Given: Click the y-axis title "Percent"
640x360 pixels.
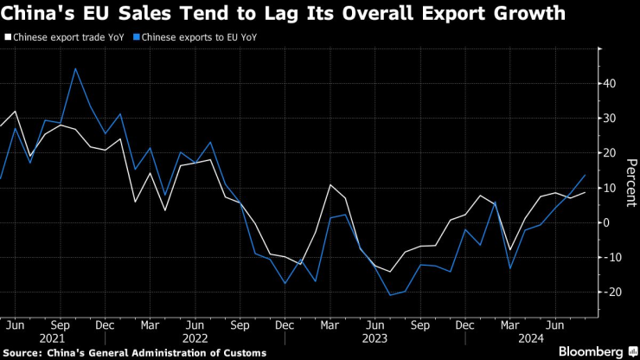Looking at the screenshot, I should [631, 183].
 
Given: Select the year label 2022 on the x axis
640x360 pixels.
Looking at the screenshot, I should [195, 338].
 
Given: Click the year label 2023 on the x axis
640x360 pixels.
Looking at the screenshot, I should [374, 338].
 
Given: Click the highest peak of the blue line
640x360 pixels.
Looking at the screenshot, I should [75, 68].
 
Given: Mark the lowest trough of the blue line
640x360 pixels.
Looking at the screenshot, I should [390, 295].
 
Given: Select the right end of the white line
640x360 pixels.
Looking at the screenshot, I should [586, 192].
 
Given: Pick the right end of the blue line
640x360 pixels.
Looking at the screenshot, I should [586, 176].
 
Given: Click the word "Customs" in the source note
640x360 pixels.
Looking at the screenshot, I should [242, 352].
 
